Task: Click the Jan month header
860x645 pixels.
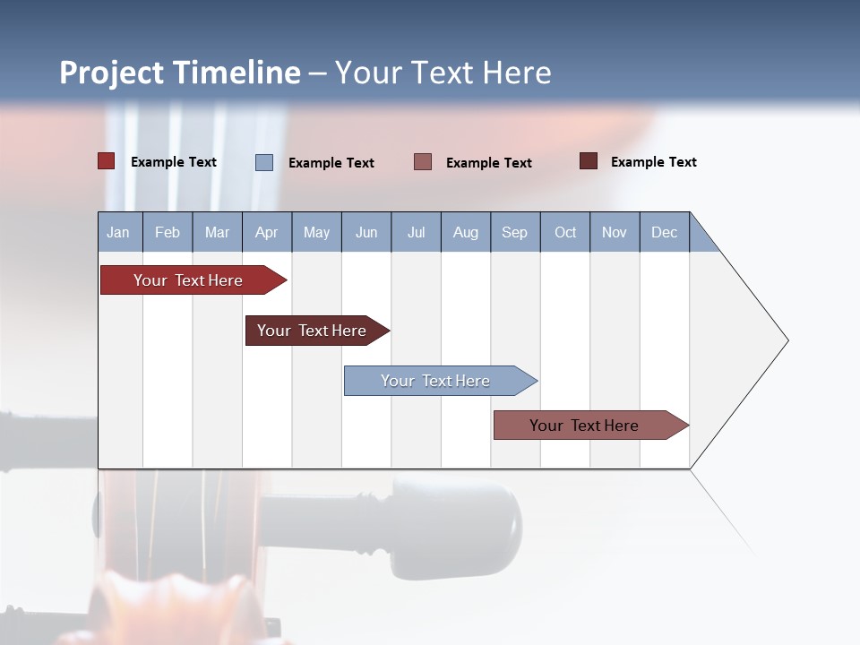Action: click(119, 232)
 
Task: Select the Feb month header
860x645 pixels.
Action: click(168, 232)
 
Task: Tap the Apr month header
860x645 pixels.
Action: click(267, 232)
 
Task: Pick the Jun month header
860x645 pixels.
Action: click(366, 232)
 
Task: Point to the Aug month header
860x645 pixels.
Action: click(466, 232)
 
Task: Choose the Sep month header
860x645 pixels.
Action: click(515, 232)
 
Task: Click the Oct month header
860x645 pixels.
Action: click(565, 232)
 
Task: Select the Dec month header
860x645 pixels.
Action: click(665, 232)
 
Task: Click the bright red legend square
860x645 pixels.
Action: click(107, 161)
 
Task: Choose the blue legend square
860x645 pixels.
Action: click(264, 162)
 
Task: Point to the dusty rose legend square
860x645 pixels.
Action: click(423, 161)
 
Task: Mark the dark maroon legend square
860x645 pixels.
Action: click(589, 161)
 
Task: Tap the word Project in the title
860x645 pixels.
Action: click(112, 73)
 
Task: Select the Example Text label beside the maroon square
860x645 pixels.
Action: click(653, 162)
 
